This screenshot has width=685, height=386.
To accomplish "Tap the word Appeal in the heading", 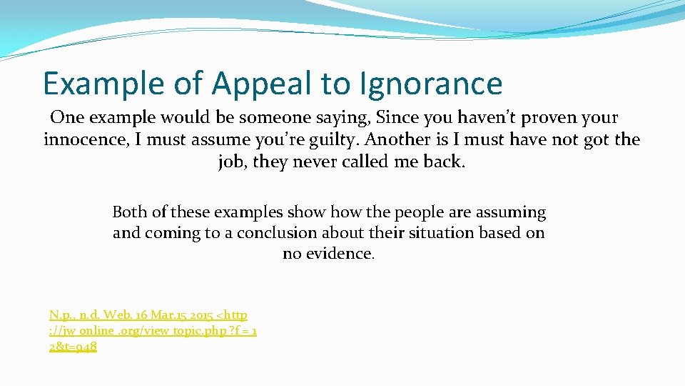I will [x=261, y=84].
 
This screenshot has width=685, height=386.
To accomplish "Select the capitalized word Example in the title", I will [x=104, y=84].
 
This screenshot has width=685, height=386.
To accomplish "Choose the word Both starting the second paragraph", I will [x=129, y=212].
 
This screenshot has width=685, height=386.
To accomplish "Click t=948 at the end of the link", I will [x=77, y=347].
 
